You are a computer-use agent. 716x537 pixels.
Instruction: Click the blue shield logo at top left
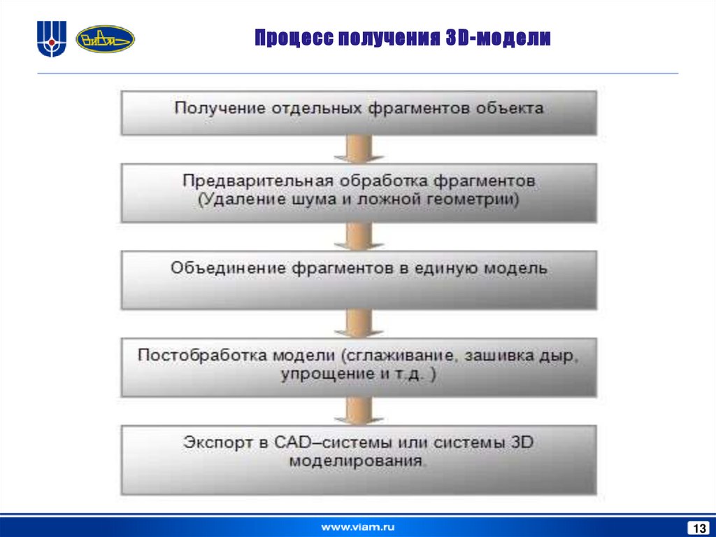coord(51,39)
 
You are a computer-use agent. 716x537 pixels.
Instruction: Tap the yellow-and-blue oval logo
coord(105,39)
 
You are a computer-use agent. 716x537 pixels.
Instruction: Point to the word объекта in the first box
coord(510,109)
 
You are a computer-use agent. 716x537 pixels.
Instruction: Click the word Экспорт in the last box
coord(213,442)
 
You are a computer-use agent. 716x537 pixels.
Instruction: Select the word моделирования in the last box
coord(357,461)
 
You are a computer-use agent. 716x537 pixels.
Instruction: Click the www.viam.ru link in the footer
coord(357,525)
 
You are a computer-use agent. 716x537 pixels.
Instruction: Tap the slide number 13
coord(697,526)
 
